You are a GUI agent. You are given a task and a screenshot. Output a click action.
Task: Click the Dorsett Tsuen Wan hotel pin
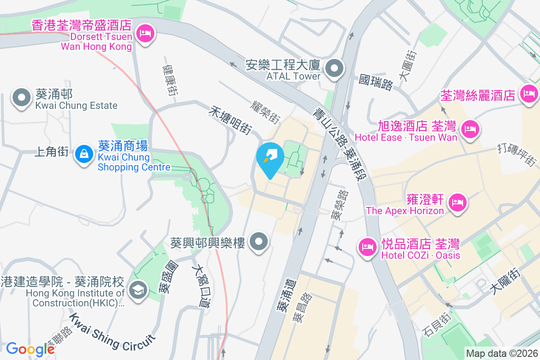point(145,33)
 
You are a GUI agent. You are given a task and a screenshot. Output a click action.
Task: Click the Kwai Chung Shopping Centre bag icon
point(84,154)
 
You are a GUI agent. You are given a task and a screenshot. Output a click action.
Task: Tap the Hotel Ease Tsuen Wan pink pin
point(470,129)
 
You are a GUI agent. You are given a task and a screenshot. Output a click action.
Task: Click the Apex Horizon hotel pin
point(458,202)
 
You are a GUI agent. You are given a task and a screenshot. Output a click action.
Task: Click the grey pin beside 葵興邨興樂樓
point(259,242)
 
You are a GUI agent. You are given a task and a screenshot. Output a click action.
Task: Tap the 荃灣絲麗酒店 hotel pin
point(528,94)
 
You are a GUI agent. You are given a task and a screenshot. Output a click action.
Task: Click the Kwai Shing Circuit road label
point(112,333)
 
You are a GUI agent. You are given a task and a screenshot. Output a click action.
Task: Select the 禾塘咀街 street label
point(230,119)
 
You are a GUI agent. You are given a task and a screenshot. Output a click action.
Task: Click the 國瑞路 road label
point(376,82)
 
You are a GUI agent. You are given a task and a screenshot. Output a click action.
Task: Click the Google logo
point(30,349)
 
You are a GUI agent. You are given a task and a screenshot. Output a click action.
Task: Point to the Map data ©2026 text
point(501,354)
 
